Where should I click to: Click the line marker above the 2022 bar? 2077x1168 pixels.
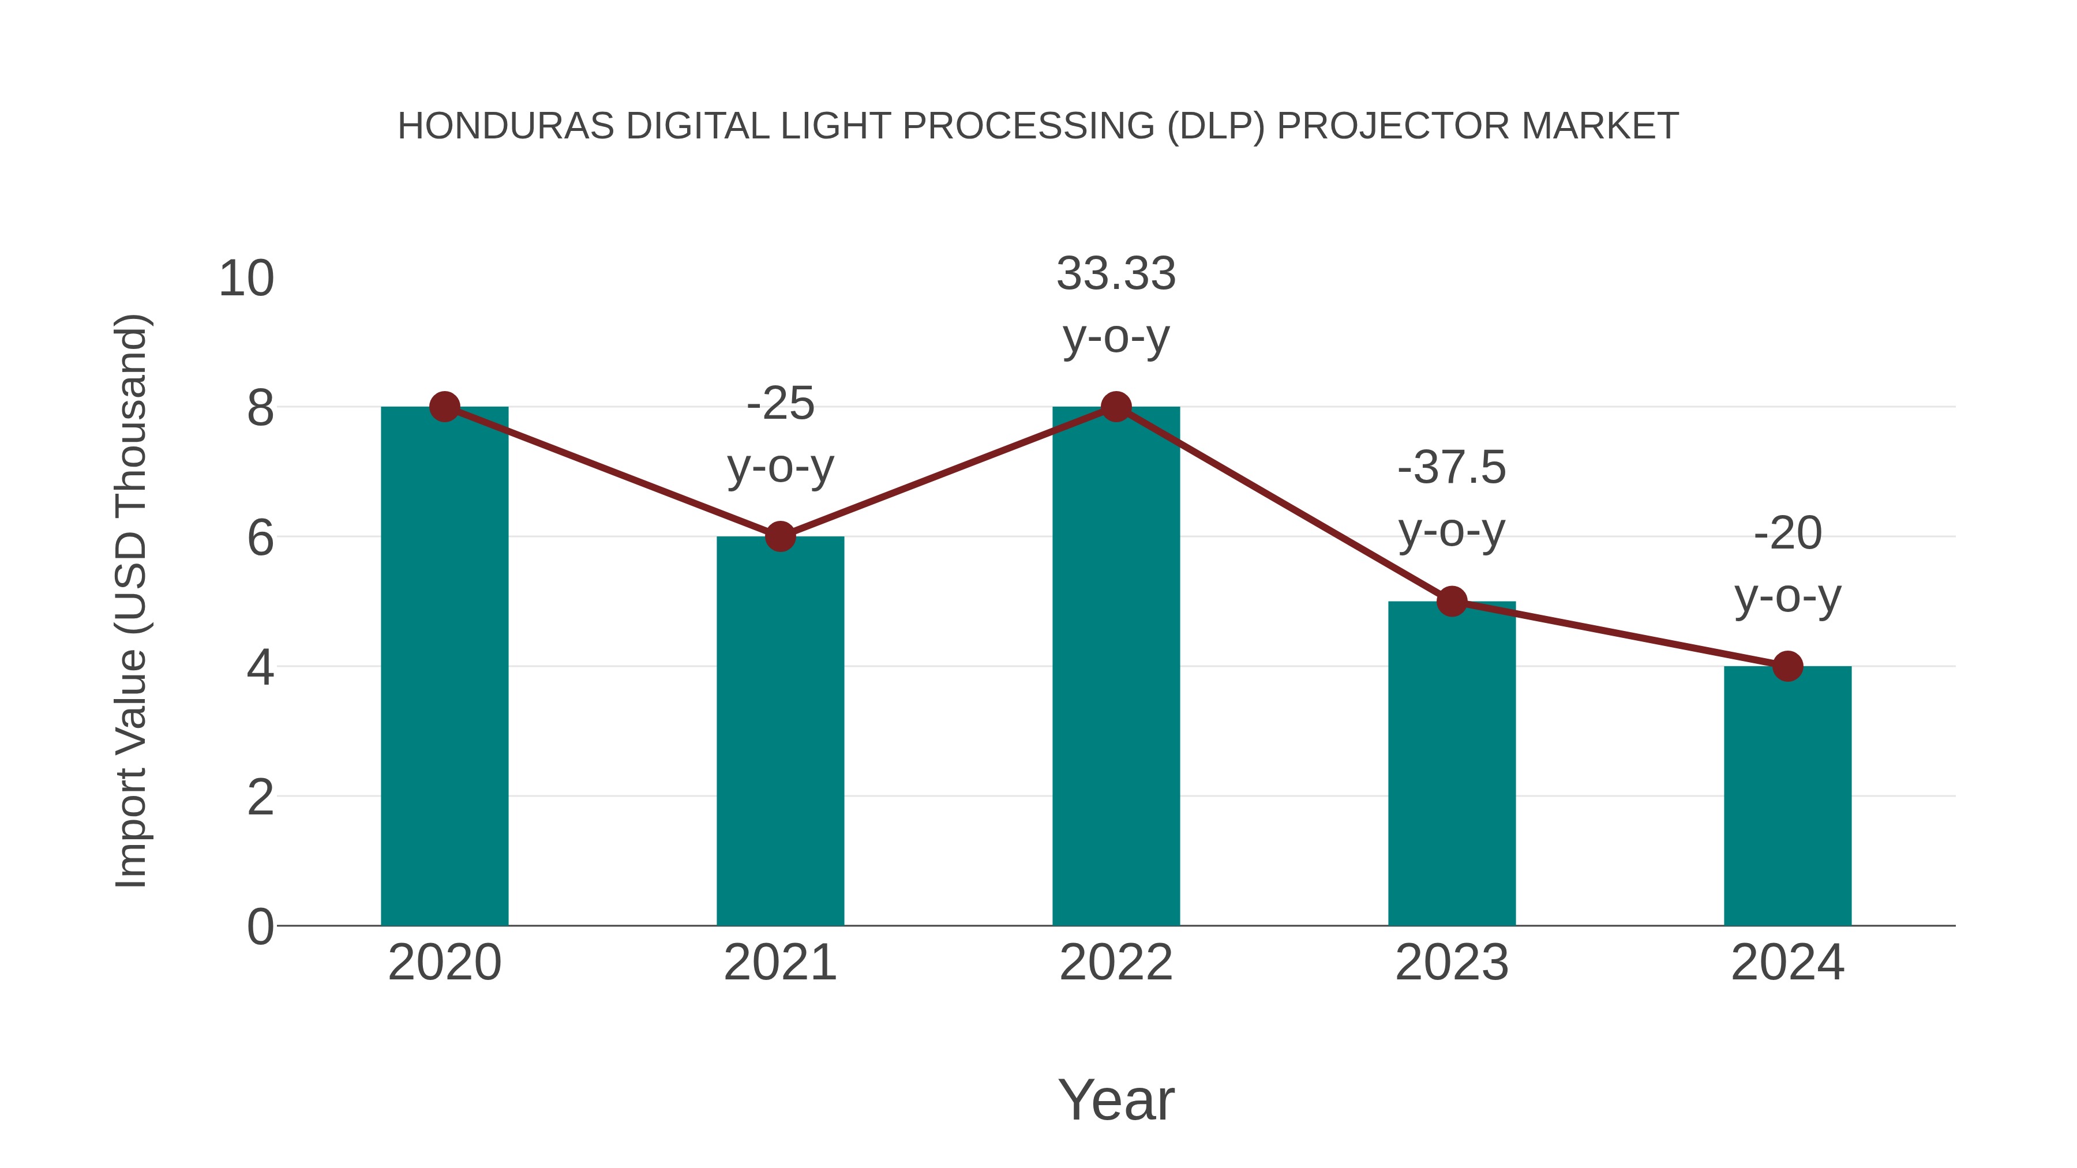(1116, 407)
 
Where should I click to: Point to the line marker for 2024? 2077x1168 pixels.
(1787, 667)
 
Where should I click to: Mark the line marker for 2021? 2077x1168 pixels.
(779, 536)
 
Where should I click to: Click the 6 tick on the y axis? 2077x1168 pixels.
(260, 538)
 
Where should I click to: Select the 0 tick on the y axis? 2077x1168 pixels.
(260, 927)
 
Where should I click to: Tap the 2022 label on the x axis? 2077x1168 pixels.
(1116, 963)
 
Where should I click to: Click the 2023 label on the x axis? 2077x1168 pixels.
(1452, 963)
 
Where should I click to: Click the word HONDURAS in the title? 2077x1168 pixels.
(505, 126)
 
